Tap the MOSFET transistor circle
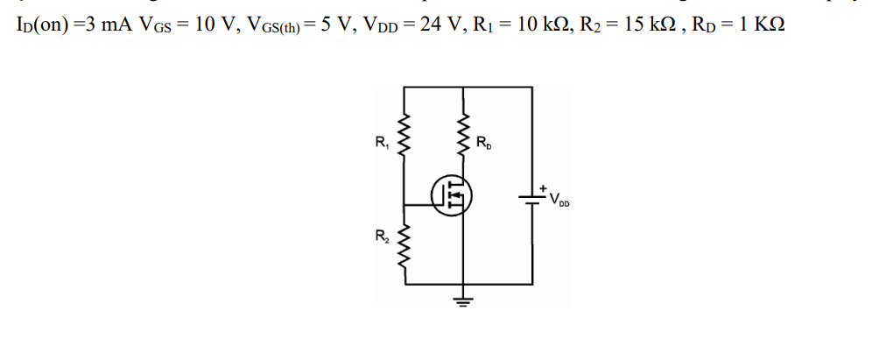click(x=454, y=194)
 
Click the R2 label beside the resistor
click(x=381, y=234)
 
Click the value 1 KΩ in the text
click(x=756, y=24)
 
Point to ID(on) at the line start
click(x=39, y=24)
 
